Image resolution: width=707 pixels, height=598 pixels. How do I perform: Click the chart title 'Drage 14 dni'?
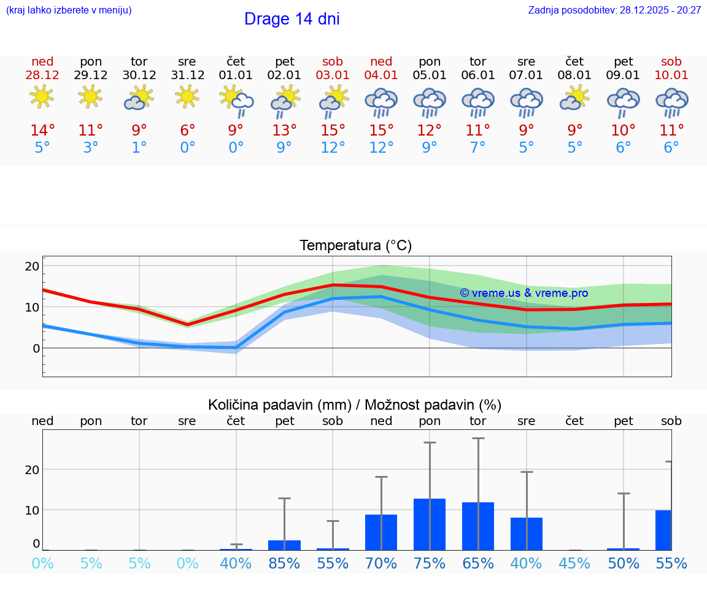(x=292, y=19)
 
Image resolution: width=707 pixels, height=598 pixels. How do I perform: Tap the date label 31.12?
(x=187, y=75)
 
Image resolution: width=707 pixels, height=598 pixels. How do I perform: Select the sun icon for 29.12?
(x=90, y=97)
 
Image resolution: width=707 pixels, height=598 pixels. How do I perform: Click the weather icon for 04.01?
(x=381, y=101)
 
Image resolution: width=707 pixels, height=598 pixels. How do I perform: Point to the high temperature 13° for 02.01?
(x=284, y=130)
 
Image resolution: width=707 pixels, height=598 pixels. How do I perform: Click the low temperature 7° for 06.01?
(x=477, y=147)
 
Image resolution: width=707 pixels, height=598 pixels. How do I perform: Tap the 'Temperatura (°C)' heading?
(x=355, y=245)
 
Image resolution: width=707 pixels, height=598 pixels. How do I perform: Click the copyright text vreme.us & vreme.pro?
(x=523, y=293)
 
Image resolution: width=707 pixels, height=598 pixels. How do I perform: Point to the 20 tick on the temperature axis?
(x=32, y=266)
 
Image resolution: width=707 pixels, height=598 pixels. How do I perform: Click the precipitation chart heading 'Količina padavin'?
(x=279, y=405)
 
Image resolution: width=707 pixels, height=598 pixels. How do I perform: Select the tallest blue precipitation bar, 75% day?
(x=430, y=524)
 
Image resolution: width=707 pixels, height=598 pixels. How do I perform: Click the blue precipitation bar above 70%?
(x=381, y=532)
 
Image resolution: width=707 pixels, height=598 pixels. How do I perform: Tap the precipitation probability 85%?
(x=284, y=563)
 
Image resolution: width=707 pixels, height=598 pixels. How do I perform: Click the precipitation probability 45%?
(x=574, y=563)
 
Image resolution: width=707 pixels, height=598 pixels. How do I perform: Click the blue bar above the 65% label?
(x=478, y=526)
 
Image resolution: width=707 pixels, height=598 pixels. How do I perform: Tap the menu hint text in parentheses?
(x=69, y=10)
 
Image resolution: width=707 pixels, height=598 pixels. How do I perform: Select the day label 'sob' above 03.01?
(x=333, y=61)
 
